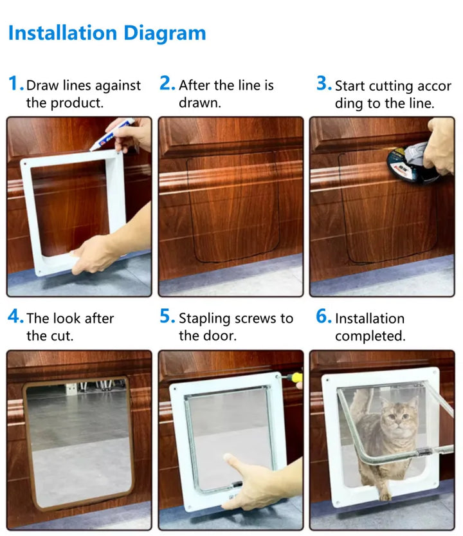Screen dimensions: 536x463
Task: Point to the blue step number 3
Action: point(323,84)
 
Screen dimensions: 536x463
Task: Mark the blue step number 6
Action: point(323,317)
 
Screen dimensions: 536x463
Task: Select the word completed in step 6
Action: point(369,336)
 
